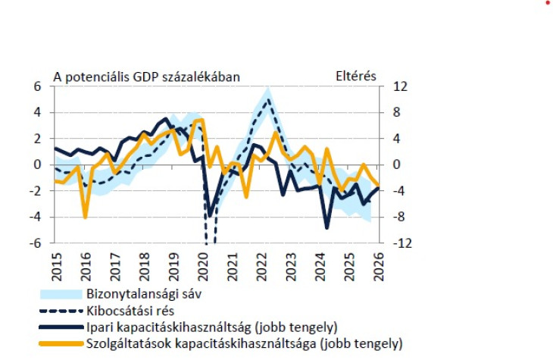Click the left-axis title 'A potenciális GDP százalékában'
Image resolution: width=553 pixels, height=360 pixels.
point(145,77)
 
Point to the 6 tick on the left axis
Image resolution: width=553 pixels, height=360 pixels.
point(36,86)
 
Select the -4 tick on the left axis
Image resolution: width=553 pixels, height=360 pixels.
point(34,218)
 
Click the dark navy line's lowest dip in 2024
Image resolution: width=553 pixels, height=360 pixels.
point(326,227)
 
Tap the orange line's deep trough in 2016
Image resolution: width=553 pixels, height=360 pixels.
point(85,217)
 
